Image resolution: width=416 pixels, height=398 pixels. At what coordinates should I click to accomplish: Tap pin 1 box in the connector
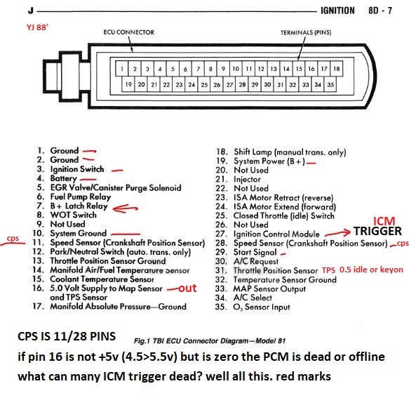[122, 69]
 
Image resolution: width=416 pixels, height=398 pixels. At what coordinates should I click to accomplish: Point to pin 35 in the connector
[330, 85]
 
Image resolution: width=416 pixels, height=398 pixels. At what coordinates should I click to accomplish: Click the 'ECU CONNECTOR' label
[128, 32]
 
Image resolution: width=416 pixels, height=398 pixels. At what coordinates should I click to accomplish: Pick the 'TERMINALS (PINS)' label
[305, 32]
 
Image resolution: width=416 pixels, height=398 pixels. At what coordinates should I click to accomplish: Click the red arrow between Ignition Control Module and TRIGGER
[339, 231]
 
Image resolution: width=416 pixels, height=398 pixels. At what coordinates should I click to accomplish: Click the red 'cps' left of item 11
[12, 238]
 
